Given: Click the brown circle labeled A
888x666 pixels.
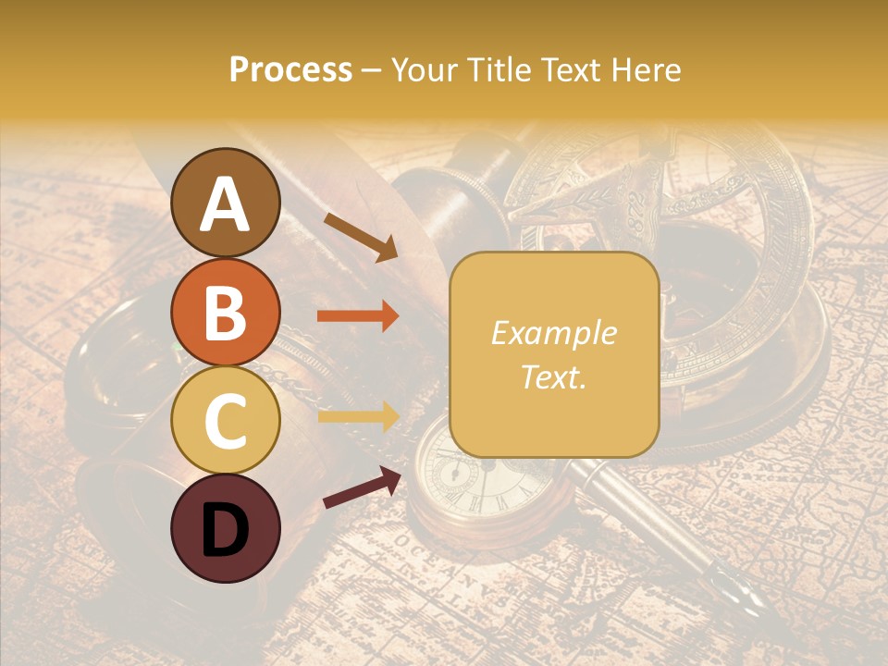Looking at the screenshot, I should [x=226, y=203].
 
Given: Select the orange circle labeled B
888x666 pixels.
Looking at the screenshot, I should [x=226, y=312].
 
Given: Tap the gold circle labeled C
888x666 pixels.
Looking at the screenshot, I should [x=226, y=421].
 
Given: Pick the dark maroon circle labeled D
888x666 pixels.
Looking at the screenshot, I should [x=226, y=529].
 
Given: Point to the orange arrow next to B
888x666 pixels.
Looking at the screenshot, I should [x=358, y=316].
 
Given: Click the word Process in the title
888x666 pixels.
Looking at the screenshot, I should [x=290, y=70].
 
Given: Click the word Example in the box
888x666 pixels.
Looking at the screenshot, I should [x=553, y=334].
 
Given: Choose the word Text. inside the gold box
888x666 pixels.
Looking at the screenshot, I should [x=553, y=376].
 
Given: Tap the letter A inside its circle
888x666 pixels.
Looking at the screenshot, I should [x=226, y=204].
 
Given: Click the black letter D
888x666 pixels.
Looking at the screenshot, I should [x=226, y=530].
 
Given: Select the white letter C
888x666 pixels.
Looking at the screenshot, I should [x=226, y=422].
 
